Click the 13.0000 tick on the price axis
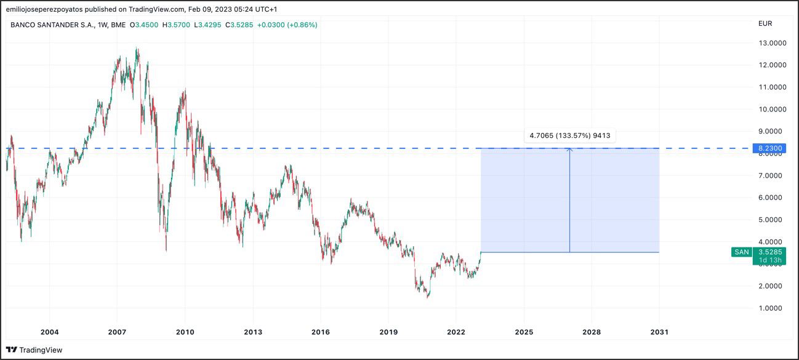tap(772, 43)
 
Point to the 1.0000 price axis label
tap(772, 308)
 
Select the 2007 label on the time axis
tap(117, 332)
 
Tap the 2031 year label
tap(659, 332)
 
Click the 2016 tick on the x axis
tap(321, 332)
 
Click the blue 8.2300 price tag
tap(769, 148)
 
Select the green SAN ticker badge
tap(741, 252)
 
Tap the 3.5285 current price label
tap(770, 252)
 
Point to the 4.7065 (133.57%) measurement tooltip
tap(569, 135)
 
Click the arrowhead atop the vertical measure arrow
tap(569, 149)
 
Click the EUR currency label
tap(765, 23)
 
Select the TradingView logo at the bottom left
tap(34, 350)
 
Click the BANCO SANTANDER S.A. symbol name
tap(51, 25)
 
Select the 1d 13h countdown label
tap(770, 260)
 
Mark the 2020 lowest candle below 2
tap(427, 296)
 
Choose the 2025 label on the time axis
tap(524, 332)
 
